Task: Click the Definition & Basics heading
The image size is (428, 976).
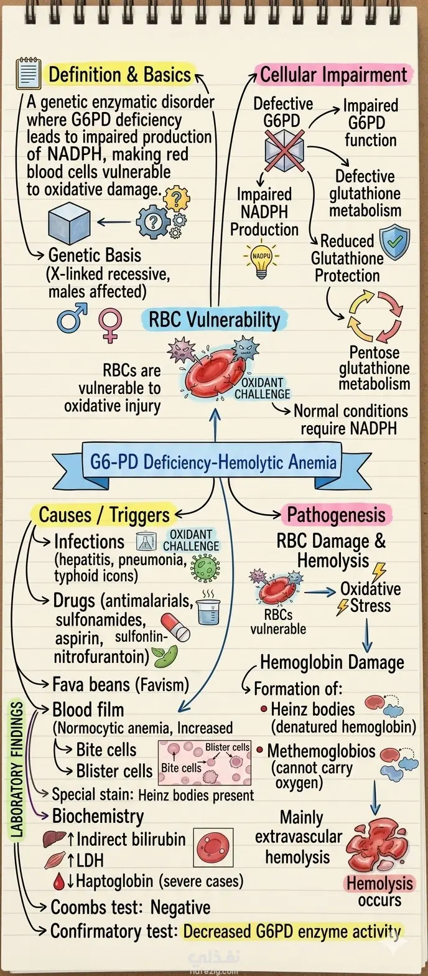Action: click(x=119, y=75)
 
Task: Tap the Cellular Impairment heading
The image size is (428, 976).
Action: click(x=333, y=75)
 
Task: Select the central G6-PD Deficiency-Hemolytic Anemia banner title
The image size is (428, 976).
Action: click(x=213, y=462)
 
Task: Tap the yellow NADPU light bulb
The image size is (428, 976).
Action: click(x=261, y=261)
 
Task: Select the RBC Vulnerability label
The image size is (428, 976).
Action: click(x=215, y=319)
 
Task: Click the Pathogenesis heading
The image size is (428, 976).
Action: click(x=336, y=515)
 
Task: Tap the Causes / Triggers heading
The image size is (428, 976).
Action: click(x=104, y=515)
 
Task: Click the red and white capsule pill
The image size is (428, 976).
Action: click(x=175, y=627)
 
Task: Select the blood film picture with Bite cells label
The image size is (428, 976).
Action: click(x=204, y=762)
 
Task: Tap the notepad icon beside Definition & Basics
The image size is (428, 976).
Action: click(x=28, y=73)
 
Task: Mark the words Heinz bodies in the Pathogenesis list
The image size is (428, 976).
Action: click(x=313, y=710)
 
